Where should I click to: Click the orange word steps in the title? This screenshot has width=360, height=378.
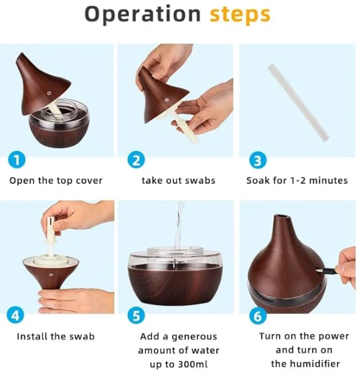[240, 15]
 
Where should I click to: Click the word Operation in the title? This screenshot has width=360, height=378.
[143, 14]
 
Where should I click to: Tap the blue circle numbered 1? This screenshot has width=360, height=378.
[16, 160]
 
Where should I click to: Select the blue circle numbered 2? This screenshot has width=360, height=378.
[136, 160]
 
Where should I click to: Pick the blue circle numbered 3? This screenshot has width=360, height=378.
[258, 160]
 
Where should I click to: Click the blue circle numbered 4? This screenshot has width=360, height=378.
[16, 315]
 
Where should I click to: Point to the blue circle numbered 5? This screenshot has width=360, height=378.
[136, 316]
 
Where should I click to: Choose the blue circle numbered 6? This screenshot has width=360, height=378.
[258, 316]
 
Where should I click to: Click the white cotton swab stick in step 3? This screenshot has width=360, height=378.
[298, 102]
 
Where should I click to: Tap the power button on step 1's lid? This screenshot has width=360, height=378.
[49, 94]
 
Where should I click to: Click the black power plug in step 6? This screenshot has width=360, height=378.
[325, 271]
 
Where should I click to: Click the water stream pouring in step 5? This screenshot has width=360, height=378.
[179, 227]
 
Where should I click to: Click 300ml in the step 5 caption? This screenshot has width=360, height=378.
[192, 364]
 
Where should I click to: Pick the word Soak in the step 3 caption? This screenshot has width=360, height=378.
[257, 181]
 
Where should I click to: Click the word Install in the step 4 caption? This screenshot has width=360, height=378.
[32, 337]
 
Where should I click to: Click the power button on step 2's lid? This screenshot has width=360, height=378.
[166, 100]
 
